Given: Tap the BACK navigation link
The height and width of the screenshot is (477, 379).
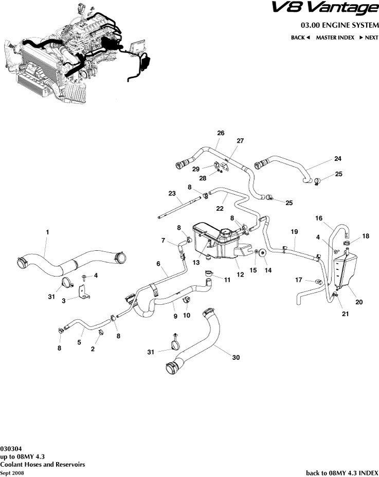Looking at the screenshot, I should pos(300,38).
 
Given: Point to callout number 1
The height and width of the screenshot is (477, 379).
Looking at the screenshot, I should pos(47,232).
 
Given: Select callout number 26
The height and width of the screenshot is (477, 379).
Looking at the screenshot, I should pos(221,133).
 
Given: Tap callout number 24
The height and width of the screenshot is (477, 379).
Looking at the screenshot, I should pos(337,158).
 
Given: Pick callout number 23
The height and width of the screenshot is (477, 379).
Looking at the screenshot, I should pos(172,193).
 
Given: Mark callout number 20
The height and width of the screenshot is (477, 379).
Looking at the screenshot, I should pos(359,302).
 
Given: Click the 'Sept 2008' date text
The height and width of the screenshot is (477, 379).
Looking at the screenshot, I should pos(12,472).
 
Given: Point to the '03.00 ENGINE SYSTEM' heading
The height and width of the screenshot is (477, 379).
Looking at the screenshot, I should pos(339,25).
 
